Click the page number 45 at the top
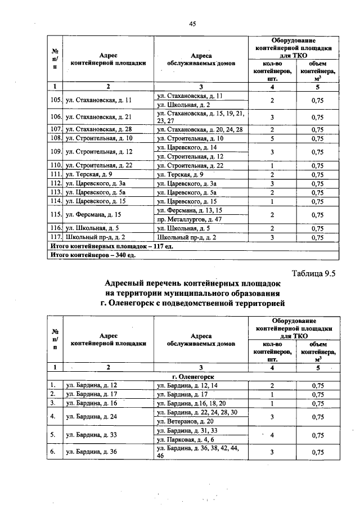pos(192,24)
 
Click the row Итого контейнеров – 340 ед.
pos(92,255)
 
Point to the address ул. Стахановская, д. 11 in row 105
pos(98,100)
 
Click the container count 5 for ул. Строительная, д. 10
pos(272,138)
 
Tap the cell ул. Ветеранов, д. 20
pos(187,421)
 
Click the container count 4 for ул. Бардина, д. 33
pos(272,435)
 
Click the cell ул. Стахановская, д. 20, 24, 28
pos(200,129)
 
